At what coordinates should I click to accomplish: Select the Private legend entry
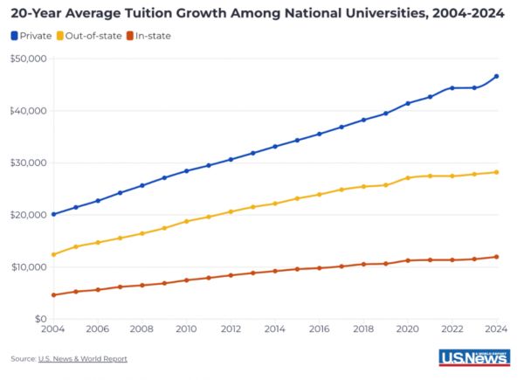(x=31, y=35)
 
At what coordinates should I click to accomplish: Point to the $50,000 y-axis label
(x=29, y=59)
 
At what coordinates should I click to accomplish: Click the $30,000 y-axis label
(x=29, y=162)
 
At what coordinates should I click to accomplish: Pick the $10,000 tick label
(x=29, y=266)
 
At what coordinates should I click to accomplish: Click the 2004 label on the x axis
(x=53, y=330)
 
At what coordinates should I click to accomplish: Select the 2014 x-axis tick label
(x=275, y=330)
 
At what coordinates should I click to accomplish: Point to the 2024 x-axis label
(x=496, y=330)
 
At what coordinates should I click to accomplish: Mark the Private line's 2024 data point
(x=496, y=76)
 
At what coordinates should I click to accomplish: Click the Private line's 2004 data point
(x=53, y=214)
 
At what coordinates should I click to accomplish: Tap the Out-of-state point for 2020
(x=408, y=178)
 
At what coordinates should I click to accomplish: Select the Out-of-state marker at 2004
(x=53, y=254)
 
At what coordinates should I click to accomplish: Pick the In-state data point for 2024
(x=496, y=257)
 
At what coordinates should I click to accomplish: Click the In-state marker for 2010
(x=186, y=280)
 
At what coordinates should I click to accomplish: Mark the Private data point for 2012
(x=231, y=159)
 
